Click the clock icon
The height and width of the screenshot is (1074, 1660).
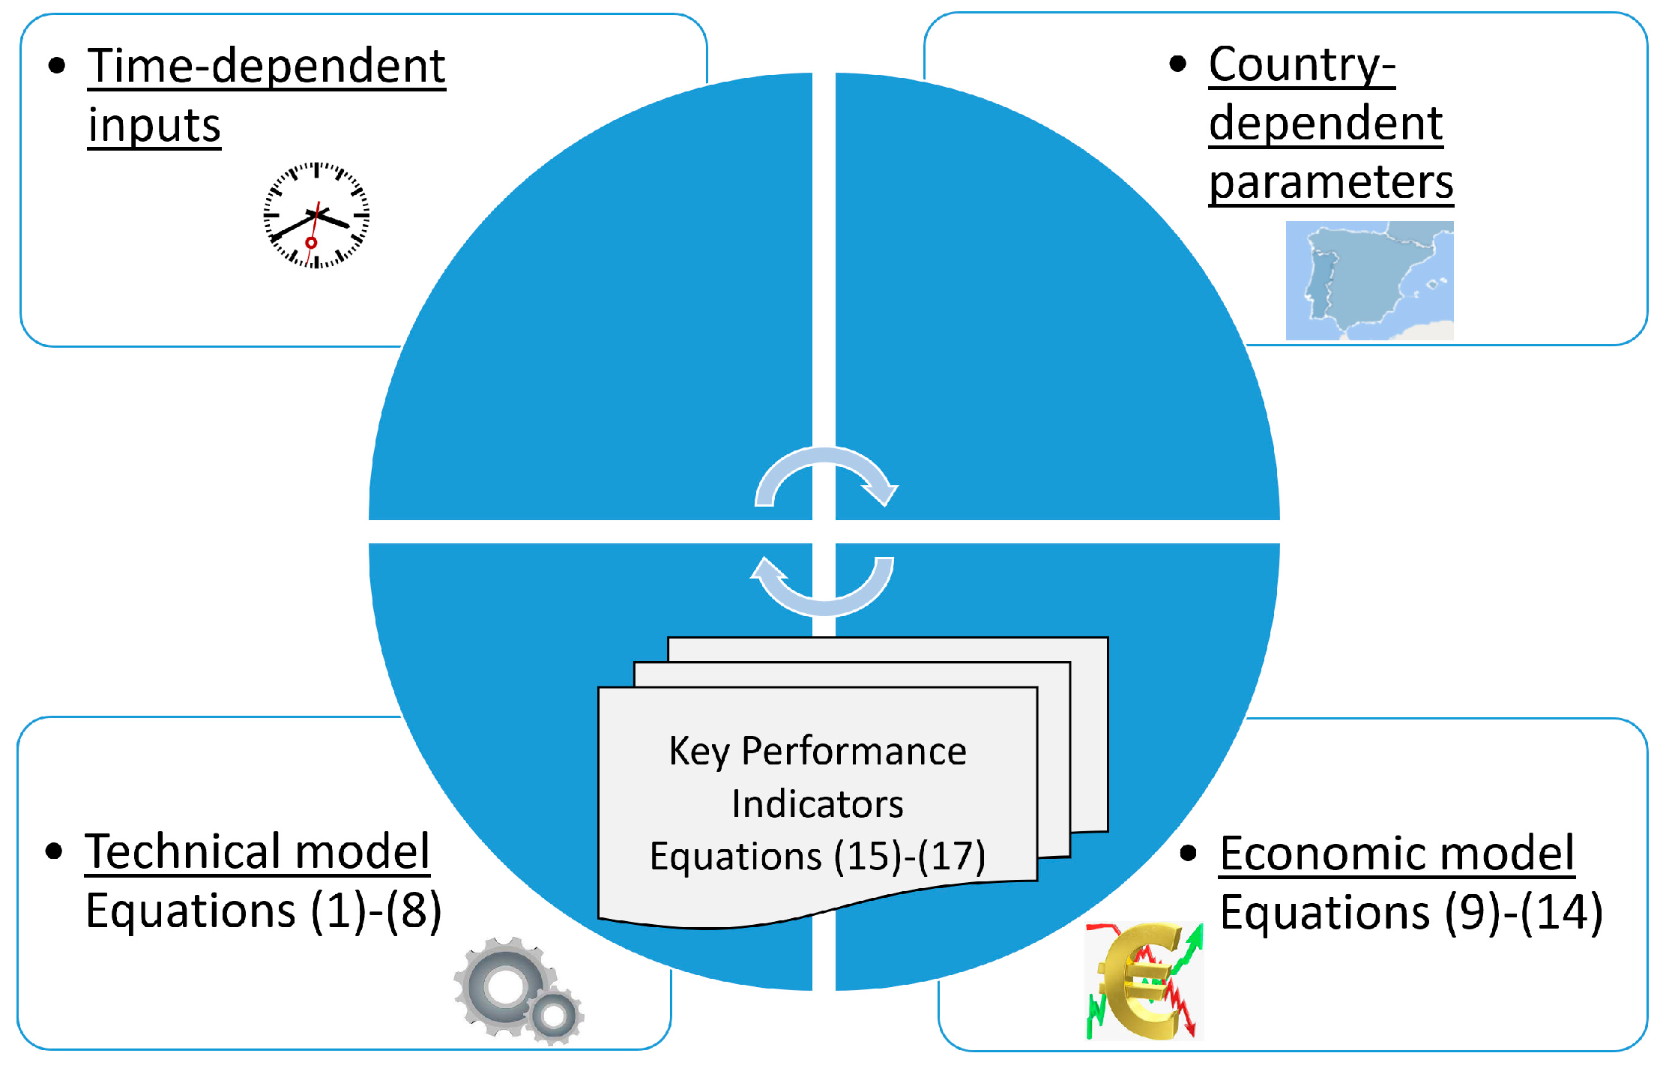[316, 215]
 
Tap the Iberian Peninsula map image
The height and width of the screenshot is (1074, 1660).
[1369, 280]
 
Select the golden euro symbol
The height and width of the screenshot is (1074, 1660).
[1143, 982]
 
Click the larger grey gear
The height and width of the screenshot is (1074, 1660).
[504, 985]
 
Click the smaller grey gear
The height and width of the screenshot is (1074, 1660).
[555, 1016]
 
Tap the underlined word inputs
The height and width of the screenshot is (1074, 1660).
[154, 125]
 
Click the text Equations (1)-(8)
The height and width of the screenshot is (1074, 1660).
[263, 911]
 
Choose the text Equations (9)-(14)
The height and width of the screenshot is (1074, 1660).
[1411, 913]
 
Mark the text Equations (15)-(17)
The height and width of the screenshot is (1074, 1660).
[817, 856]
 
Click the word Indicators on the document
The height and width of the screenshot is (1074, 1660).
[817, 803]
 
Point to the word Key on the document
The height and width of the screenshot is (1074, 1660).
[698, 751]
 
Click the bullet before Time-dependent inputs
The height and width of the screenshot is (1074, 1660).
[57, 66]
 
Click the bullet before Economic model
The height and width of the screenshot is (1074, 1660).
[1188, 853]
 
